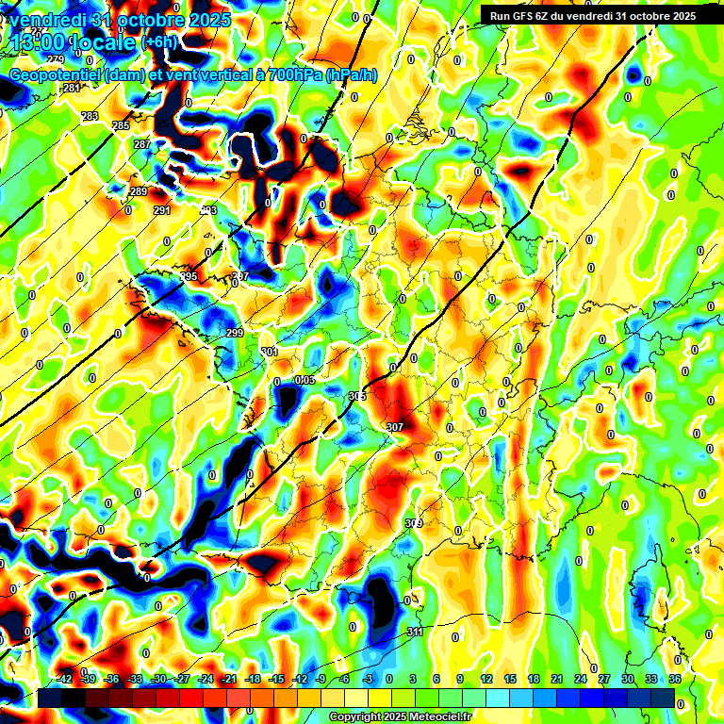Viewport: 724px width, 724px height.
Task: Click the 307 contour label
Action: tap(395, 427)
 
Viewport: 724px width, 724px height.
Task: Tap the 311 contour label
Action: tap(414, 632)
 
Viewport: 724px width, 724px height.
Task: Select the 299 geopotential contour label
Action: tap(235, 334)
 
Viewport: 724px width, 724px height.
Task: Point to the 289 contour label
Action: tap(139, 191)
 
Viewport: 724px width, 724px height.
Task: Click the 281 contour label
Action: tap(71, 88)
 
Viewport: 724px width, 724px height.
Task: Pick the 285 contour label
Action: tap(121, 125)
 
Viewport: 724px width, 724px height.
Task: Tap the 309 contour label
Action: tap(413, 522)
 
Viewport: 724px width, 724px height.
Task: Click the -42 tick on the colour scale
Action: tap(65, 679)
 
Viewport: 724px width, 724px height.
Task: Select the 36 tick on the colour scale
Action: tap(675, 679)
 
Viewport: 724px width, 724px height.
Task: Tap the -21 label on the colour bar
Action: tap(229, 679)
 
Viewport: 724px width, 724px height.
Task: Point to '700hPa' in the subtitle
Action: tap(288, 75)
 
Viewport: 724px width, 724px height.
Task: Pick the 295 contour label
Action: tap(189, 276)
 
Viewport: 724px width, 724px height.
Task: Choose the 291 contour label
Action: tap(162, 210)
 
